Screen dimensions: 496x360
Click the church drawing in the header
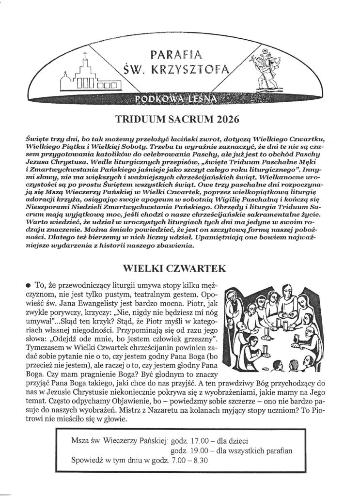(90, 75)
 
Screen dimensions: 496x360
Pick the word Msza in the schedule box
(80, 441)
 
